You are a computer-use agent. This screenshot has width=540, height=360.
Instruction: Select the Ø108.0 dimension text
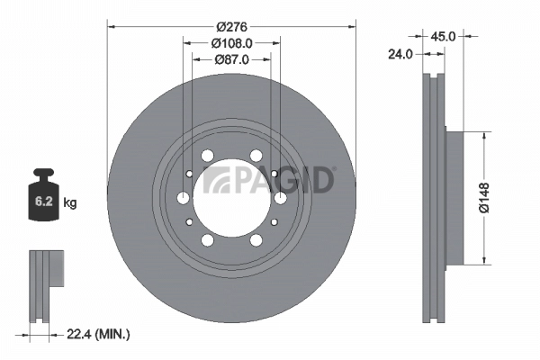tap(231, 42)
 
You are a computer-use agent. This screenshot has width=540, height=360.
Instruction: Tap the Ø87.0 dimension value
tap(231, 59)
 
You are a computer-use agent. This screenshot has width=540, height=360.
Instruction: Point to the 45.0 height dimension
tap(442, 38)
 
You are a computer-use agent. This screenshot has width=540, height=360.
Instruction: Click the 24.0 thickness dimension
tap(400, 54)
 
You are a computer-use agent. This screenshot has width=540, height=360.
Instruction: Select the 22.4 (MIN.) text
tap(99, 334)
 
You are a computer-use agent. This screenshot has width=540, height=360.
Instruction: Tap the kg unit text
tap(70, 203)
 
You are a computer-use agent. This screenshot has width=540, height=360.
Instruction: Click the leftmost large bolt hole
tap(184, 198)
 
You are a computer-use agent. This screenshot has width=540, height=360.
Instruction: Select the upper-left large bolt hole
tap(208, 156)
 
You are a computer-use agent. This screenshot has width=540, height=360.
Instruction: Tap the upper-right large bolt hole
tap(256, 156)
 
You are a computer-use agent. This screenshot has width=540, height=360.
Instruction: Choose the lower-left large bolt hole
tap(208, 240)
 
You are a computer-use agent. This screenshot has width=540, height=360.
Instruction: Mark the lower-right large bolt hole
tap(256, 240)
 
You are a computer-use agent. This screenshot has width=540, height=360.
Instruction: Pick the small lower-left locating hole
tap(189, 222)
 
